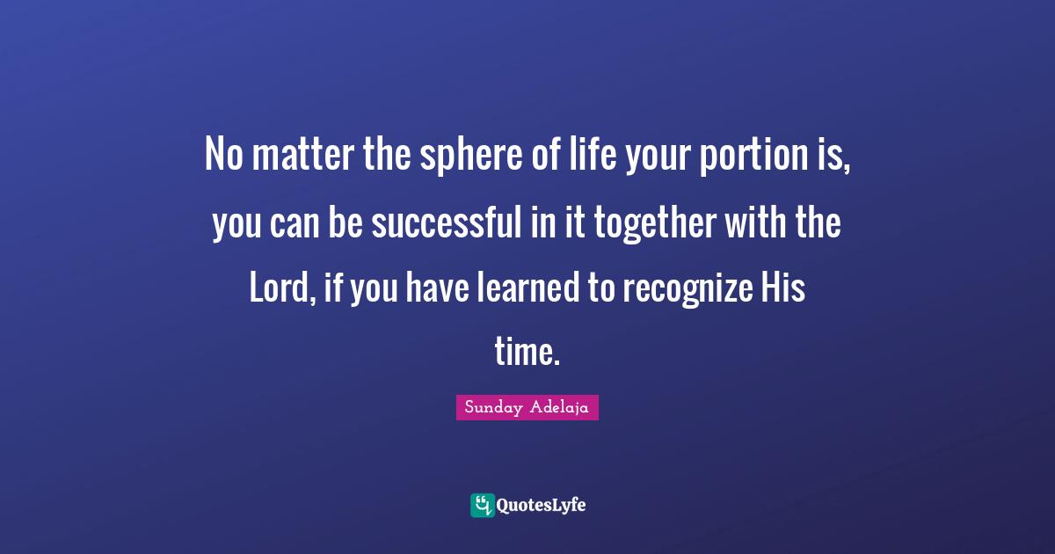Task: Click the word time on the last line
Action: coord(526,352)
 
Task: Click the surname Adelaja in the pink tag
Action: coord(559,408)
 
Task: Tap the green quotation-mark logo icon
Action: coord(482,505)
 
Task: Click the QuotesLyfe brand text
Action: coord(541,506)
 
